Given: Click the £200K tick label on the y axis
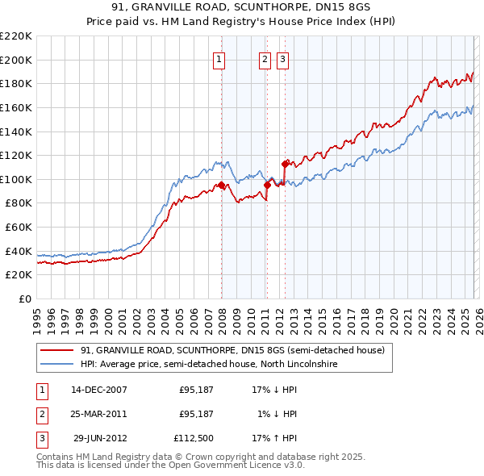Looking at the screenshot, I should point(16,60).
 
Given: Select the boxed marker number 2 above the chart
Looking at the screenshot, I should point(265,58).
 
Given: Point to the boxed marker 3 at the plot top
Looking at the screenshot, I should point(283,58).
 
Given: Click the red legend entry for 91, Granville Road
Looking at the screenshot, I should point(235,350).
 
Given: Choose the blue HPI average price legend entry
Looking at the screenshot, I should point(208,365).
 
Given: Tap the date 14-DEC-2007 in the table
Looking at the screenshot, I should point(98,389).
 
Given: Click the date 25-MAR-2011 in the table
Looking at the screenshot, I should point(98,414).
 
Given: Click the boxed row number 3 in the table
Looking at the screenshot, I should point(40,440).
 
